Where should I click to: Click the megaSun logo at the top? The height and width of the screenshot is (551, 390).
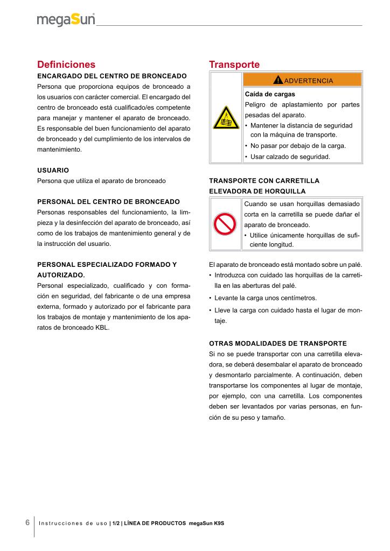pyautogui.click(x=66, y=20)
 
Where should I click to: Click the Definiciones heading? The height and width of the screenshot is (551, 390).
pyautogui.click(x=66, y=65)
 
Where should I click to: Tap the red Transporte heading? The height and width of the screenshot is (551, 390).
pyautogui.click(x=234, y=65)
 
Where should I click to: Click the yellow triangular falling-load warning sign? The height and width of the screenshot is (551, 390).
pyautogui.click(x=226, y=117)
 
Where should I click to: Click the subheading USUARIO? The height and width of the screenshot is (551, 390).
pyautogui.click(x=53, y=170)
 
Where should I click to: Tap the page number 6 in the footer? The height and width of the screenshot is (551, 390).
pyautogui.click(x=27, y=522)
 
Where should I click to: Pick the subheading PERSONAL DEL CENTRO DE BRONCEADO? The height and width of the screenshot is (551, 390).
pyautogui.click(x=108, y=201)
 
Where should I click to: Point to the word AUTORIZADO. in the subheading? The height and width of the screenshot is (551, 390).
pyautogui.click(x=61, y=274)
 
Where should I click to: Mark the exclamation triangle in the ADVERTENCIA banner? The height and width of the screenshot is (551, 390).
pyautogui.click(x=277, y=80)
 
